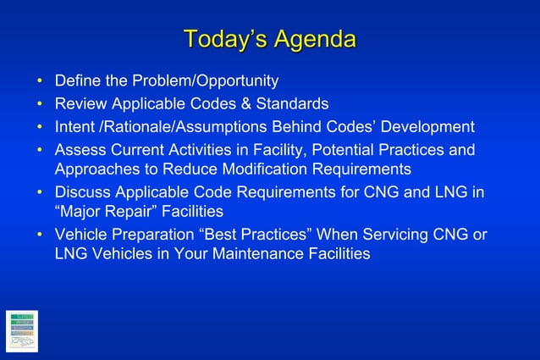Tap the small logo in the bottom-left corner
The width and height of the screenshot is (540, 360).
coord(21,331)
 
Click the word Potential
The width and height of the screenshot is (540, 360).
coord(355,150)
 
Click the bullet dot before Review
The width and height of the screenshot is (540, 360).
coord(39,104)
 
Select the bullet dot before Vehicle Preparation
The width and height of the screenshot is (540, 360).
coord(39,234)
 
